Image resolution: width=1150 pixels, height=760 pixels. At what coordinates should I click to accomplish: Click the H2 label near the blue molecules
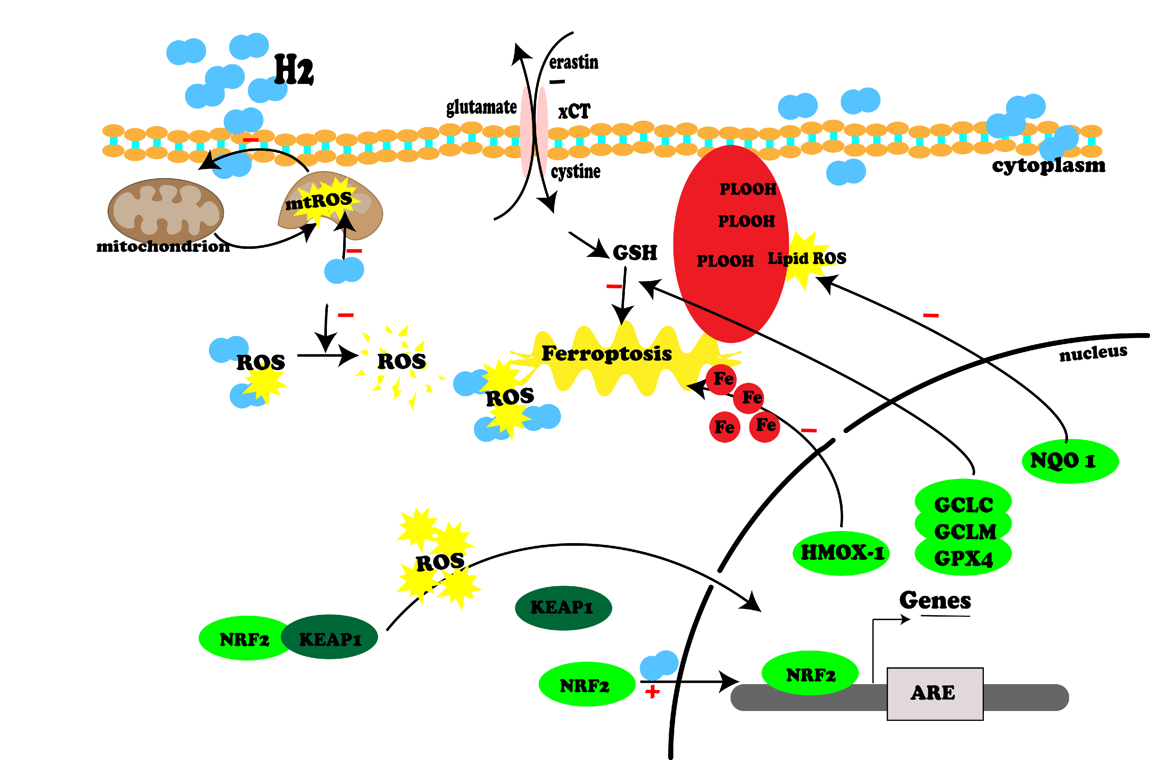294,70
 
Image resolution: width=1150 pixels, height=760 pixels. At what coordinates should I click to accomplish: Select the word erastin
574,62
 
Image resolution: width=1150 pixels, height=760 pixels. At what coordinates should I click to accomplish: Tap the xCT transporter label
574,111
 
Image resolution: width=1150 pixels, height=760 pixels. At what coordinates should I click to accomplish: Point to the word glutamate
481,107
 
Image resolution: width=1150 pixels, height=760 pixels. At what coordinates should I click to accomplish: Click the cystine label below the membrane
576,171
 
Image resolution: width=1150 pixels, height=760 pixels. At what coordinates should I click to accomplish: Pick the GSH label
635,252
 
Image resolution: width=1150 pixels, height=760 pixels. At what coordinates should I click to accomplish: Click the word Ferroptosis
606,353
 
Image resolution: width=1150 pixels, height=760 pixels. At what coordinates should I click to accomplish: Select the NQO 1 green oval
1070,460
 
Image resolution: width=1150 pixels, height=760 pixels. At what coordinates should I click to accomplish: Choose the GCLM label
964,532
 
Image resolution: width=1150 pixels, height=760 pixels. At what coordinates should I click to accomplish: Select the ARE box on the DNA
934,693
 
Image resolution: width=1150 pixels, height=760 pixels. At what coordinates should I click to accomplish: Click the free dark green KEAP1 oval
563,607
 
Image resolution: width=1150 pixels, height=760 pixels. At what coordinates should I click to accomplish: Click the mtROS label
319,201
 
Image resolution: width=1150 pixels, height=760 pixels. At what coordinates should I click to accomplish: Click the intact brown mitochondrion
165,211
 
